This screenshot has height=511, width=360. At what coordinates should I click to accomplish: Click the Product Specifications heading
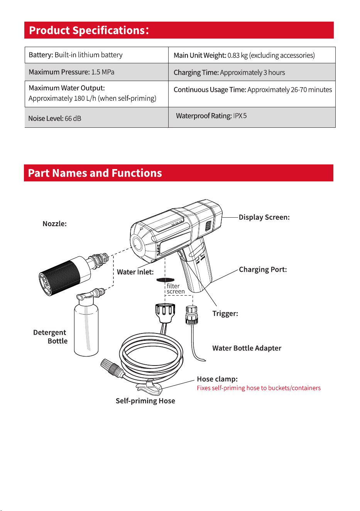pyautogui.click(x=89, y=30)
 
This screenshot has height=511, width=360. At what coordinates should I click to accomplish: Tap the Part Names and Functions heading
pyautogui.click(x=95, y=173)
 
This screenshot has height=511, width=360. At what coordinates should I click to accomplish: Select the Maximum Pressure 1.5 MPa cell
pyautogui.click(x=96, y=72)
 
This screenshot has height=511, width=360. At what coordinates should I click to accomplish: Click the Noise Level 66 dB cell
pyautogui.click(x=96, y=117)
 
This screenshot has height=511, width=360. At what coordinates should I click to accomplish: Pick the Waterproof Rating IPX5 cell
pyautogui.click(x=252, y=117)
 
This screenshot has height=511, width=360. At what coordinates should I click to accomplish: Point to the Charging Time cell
pyautogui.click(x=252, y=72)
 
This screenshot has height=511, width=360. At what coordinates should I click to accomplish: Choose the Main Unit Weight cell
pyautogui.click(x=252, y=55)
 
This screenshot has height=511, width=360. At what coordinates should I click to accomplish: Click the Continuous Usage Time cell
pyautogui.click(x=252, y=94)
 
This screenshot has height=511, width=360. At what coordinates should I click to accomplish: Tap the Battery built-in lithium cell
pyautogui.click(x=96, y=55)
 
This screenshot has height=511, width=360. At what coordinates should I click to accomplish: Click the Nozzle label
pyautogui.click(x=54, y=224)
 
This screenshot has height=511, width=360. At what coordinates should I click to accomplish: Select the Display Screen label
pyautogui.click(x=264, y=217)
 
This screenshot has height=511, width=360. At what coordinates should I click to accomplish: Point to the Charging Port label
pyautogui.click(x=263, y=269)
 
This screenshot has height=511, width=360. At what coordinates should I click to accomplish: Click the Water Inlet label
pyautogui.click(x=135, y=272)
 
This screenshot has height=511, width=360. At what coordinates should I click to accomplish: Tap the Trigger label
pyautogui.click(x=225, y=313)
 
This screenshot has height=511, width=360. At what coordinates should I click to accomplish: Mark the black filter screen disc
pyautogui.click(x=166, y=280)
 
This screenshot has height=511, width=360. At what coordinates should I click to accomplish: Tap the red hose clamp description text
pyautogui.click(x=259, y=388)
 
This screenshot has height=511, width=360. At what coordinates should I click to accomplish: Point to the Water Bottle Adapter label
pyautogui.click(x=247, y=348)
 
